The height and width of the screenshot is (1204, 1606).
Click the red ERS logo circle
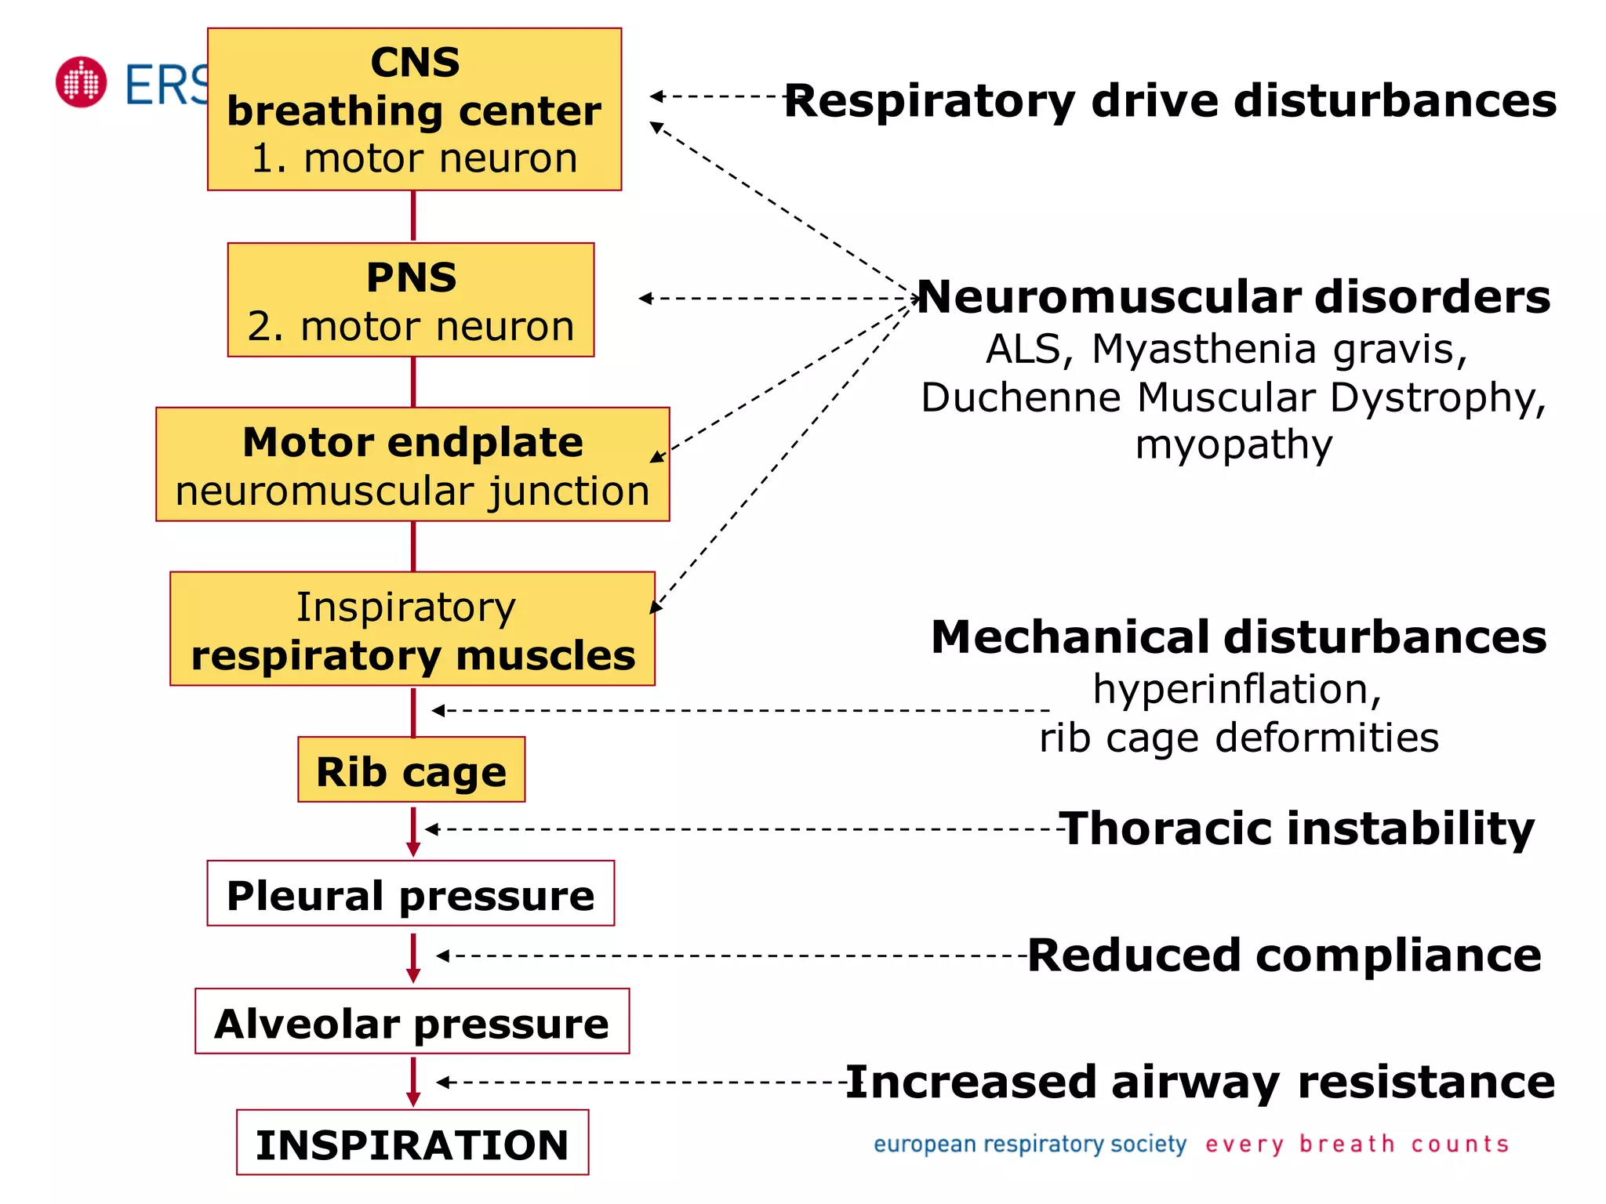pos(81,82)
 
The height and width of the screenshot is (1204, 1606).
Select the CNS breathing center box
pos(414,110)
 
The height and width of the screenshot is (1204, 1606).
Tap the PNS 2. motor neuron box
pos(411,300)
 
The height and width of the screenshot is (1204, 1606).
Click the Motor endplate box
pos(412,464)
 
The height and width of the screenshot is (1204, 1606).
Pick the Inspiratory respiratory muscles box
pos(412,629)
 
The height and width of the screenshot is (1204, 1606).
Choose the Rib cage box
pos(411,770)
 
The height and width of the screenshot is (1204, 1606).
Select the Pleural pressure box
pos(410,894)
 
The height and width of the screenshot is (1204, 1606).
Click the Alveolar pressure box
pos(412,1021)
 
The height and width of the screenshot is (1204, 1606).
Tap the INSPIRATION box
pos(412,1143)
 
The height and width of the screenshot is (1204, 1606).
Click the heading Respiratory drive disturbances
pos(1170,101)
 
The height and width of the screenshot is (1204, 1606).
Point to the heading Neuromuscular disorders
pos(1234,297)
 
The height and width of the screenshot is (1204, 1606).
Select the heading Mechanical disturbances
pos(1238,636)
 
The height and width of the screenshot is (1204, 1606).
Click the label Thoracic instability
pos(1296,829)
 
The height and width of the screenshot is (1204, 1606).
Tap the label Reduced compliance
pos(1284,956)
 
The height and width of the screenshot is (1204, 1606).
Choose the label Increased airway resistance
pos(1200,1083)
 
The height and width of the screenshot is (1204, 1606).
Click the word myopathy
pos(1234,444)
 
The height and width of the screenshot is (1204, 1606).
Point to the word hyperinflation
pos(1237,689)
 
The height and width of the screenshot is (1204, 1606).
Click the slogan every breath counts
pos(1357,1144)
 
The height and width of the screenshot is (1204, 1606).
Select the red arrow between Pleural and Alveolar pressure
pos(413,957)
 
